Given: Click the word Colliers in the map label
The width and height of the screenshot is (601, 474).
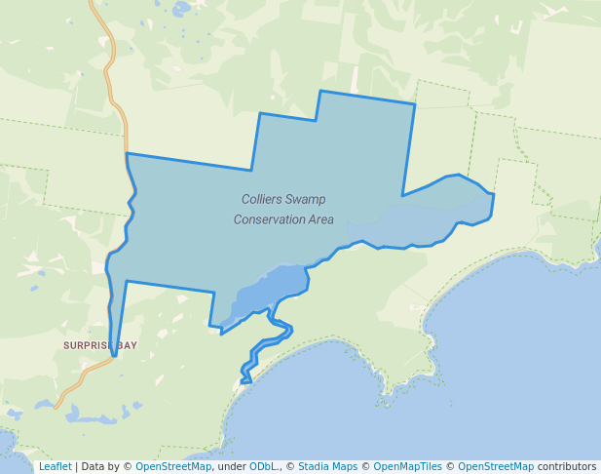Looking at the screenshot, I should coord(263,199).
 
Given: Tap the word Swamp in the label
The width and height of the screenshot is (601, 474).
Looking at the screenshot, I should coord(307,199).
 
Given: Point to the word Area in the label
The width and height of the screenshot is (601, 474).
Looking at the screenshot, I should coord(320,219).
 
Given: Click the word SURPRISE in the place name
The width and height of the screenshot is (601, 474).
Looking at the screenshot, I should coord(89,345).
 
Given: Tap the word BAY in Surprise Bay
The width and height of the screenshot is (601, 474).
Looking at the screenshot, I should coord(128,345).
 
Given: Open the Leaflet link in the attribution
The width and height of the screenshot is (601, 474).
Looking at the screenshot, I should coord(55,467).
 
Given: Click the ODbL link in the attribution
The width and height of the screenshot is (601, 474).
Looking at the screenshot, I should coord(263,467).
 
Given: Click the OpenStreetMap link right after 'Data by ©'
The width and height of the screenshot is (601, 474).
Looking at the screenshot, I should coord(173,467).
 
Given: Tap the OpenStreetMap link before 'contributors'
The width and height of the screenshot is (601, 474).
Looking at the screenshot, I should coord(496,467).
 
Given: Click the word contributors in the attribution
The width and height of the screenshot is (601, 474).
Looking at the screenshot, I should coord(567,467).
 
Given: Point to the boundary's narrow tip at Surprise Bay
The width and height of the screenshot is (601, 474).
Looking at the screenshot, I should coord(114,355).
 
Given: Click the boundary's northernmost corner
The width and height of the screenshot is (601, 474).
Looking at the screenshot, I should coord(320,91).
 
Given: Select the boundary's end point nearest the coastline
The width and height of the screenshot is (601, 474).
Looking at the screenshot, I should coord(245,381).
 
